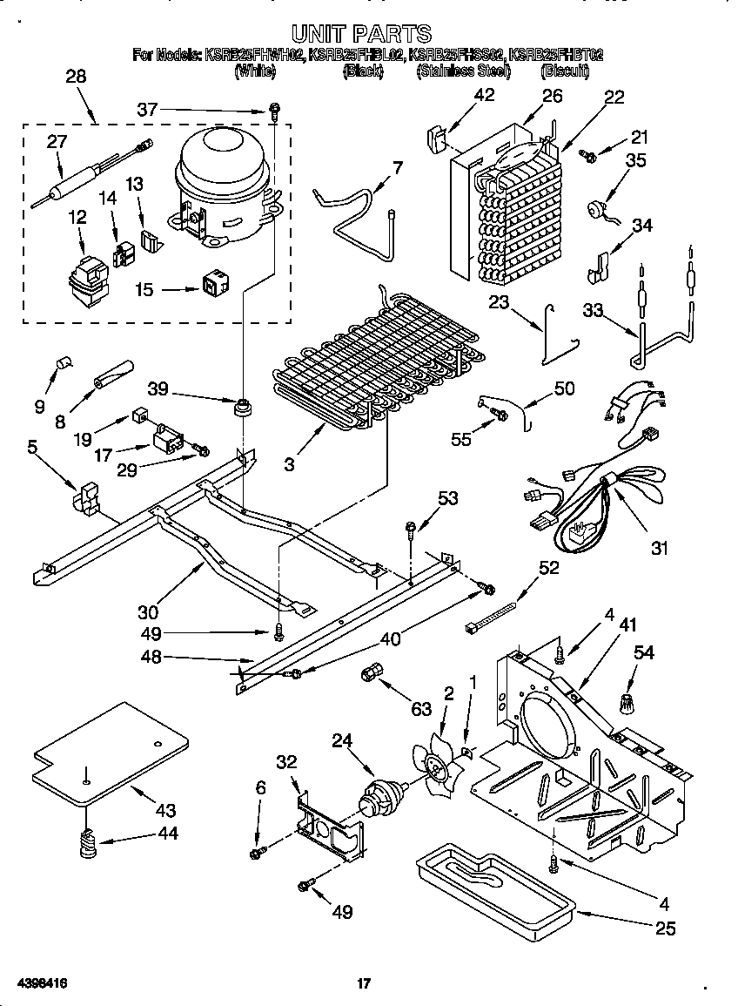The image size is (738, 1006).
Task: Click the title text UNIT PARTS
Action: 361,34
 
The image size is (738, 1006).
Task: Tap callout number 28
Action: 77,77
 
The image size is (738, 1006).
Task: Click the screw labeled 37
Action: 274,111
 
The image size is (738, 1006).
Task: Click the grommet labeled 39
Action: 241,407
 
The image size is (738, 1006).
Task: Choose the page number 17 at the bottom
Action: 364,983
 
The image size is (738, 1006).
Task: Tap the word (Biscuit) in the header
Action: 564,71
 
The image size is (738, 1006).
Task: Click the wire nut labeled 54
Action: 627,700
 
